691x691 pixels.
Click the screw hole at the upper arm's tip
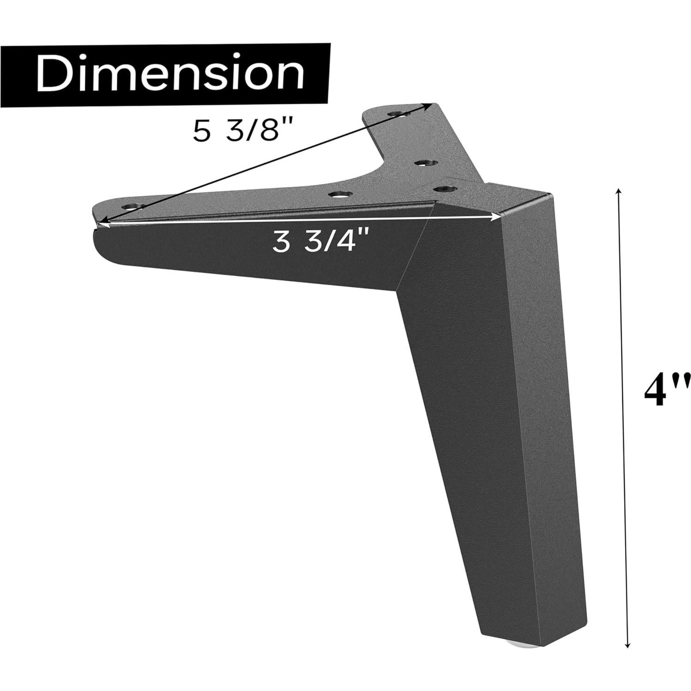tap(397, 113)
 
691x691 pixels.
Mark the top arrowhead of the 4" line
tap(619, 191)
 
